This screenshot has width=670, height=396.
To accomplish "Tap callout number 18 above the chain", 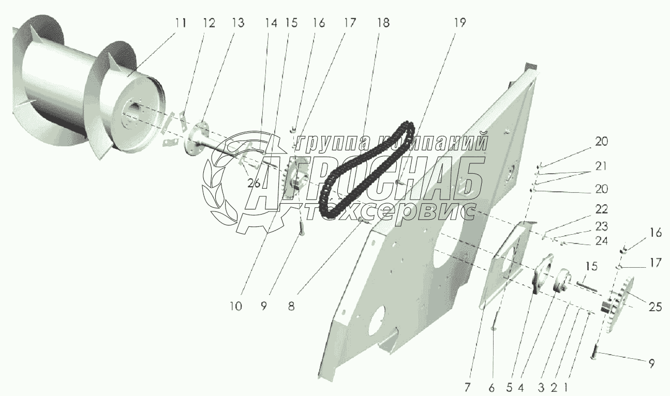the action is [x=383, y=23].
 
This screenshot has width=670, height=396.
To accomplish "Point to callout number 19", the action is [x=460, y=23].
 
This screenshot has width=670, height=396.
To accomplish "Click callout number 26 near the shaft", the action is [x=254, y=183].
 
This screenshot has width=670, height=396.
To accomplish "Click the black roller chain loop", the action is [x=362, y=171].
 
